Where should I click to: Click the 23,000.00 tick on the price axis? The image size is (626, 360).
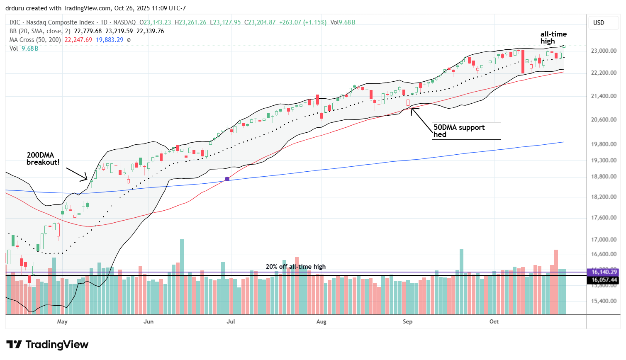point(603,51)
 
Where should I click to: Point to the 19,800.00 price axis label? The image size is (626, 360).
point(603,144)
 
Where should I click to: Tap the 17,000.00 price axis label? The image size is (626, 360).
point(603,239)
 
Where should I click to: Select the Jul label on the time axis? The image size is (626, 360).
point(231,321)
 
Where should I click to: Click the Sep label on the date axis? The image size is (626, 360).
point(407,321)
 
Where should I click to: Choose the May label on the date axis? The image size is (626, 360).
point(62,321)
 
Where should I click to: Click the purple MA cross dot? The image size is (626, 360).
point(227,179)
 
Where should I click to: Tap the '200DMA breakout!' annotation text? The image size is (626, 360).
point(43,159)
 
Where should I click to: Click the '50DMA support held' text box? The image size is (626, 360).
point(466,131)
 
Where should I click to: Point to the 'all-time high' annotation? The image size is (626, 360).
point(553,37)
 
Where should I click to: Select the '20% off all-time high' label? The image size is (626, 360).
point(295,267)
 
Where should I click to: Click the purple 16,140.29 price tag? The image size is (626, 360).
point(604,272)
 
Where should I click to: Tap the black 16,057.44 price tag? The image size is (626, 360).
point(604,280)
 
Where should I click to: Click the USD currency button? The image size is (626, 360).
point(599,23)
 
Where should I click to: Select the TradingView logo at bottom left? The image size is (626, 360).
point(47,345)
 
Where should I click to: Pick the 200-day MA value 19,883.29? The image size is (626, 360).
point(110,40)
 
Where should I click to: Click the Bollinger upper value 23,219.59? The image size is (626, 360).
point(119,31)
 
